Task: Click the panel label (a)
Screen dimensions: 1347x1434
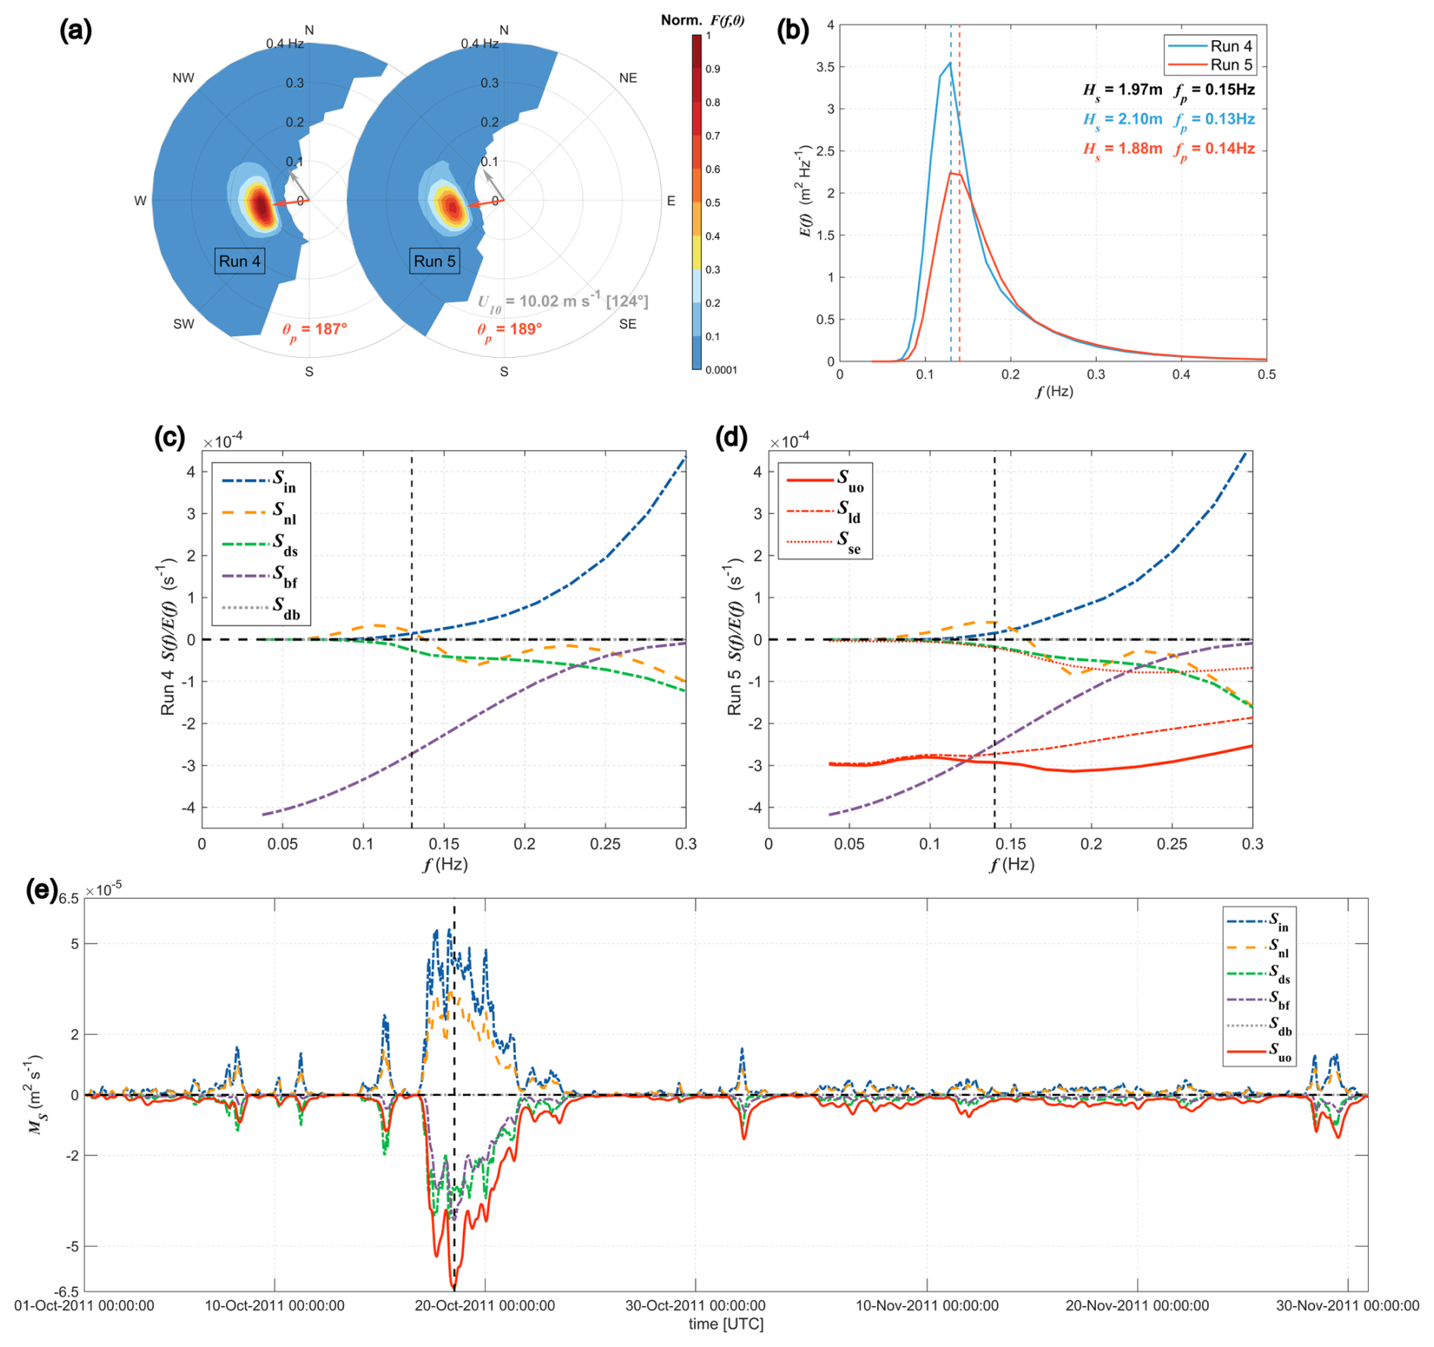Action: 76,32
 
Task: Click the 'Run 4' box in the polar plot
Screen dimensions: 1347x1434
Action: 240,262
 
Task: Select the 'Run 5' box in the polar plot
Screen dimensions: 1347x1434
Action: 434,262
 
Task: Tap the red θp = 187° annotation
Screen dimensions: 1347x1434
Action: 315,330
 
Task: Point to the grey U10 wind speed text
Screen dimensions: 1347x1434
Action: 562,302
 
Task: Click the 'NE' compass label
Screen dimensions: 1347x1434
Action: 628,78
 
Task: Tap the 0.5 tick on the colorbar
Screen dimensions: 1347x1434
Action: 713,202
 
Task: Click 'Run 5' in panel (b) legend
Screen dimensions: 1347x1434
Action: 1231,65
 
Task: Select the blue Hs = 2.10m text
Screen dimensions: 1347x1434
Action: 1122,120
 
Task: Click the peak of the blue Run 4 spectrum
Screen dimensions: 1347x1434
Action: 950,63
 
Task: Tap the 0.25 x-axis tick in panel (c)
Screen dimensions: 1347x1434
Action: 605,844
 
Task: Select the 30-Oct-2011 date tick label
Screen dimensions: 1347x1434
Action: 695,1305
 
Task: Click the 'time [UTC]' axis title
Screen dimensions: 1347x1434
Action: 725,1324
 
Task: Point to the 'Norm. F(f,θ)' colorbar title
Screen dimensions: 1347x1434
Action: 702,20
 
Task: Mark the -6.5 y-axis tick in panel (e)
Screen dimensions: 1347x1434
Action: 68,1291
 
